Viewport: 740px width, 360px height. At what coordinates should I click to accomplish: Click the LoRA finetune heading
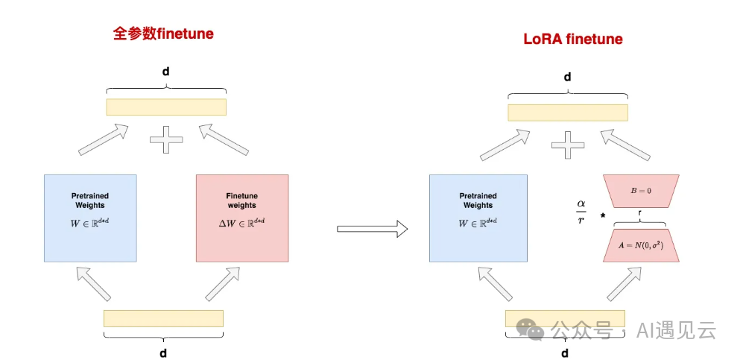point(572,40)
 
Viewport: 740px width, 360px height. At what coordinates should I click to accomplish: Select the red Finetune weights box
point(241,218)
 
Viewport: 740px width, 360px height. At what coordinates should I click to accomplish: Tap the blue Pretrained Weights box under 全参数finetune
point(90,218)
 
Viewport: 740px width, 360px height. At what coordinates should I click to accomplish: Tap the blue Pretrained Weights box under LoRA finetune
point(478,218)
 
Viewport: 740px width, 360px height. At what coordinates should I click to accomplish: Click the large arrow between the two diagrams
point(373,229)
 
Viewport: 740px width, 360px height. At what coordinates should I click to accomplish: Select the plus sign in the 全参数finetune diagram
point(166,139)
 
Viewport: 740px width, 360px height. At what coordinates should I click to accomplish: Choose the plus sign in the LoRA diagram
point(569,144)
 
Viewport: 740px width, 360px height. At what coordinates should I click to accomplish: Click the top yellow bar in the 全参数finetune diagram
point(166,107)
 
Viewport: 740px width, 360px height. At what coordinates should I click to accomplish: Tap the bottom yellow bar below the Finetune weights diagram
point(163,318)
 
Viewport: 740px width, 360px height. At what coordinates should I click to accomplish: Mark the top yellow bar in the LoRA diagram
point(568,112)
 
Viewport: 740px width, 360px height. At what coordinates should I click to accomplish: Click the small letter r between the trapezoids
point(640,212)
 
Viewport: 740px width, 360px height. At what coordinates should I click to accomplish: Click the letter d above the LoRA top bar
point(567,77)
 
